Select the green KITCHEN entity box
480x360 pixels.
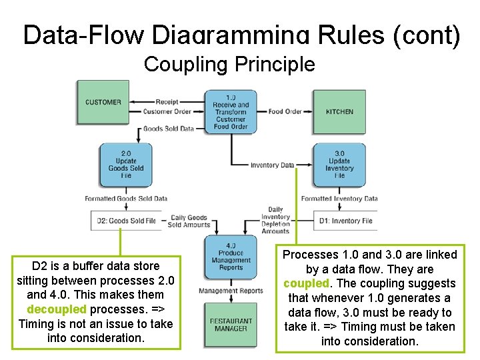click(x=339, y=111)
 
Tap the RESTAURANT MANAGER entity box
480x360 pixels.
click(x=231, y=325)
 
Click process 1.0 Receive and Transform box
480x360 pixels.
click(x=230, y=111)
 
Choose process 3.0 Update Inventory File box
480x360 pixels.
click(x=339, y=164)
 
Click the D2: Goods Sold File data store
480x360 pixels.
click(x=126, y=220)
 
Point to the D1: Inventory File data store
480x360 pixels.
click(x=341, y=220)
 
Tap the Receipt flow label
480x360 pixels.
click(x=167, y=102)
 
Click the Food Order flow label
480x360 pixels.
click(x=285, y=111)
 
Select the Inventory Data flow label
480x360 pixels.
click(x=272, y=165)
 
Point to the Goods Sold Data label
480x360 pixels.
click(x=169, y=129)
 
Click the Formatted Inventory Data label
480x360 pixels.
click(x=339, y=198)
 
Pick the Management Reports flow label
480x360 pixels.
click(x=231, y=290)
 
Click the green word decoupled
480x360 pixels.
click(x=57, y=309)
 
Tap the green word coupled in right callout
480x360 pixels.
click(x=306, y=283)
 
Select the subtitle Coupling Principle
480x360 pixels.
click(x=229, y=65)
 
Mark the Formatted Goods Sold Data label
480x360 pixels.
click(x=126, y=198)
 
